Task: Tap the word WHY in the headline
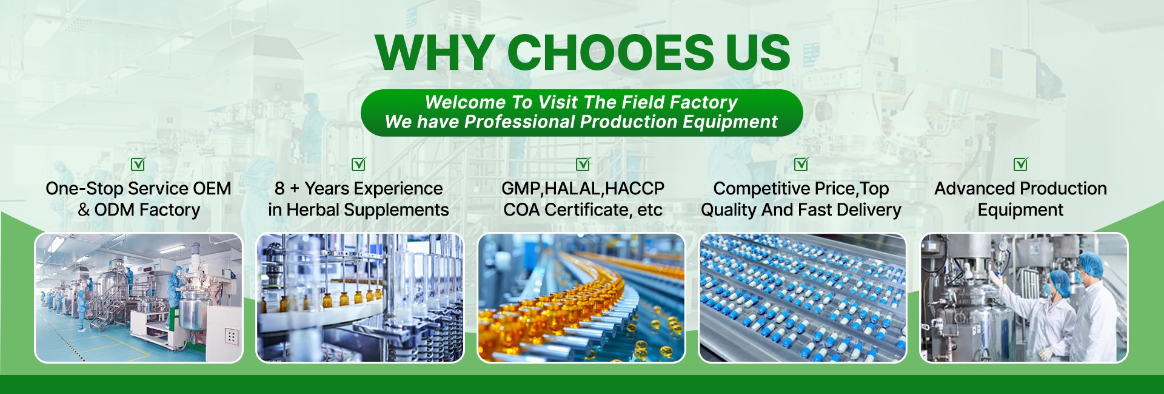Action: pyautogui.click(x=435, y=52)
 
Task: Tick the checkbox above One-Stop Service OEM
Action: pyautogui.click(x=138, y=164)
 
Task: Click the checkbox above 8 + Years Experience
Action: pyautogui.click(x=359, y=164)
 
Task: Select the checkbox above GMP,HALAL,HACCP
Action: pyautogui.click(x=583, y=164)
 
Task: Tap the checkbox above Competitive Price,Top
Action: pyautogui.click(x=801, y=164)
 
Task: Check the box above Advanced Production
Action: pyautogui.click(x=1020, y=164)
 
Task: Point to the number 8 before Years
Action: pyautogui.click(x=279, y=189)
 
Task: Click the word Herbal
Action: pyautogui.click(x=312, y=210)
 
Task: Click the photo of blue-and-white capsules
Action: pyautogui.click(x=803, y=298)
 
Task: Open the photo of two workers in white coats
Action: pyautogui.click(x=1024, y=298)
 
